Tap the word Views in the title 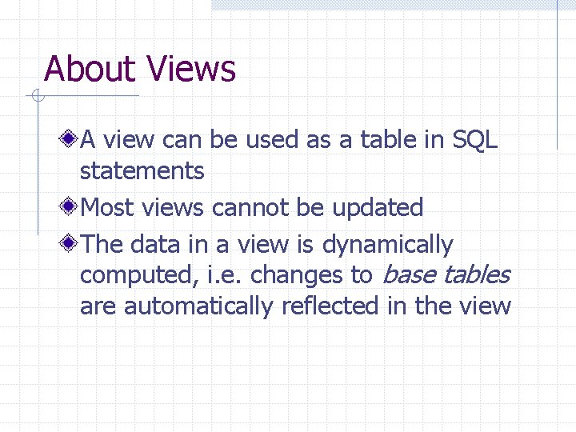(191, 69)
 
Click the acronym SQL (475, 141)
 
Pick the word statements (142, 171)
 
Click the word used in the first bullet (272, 141)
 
